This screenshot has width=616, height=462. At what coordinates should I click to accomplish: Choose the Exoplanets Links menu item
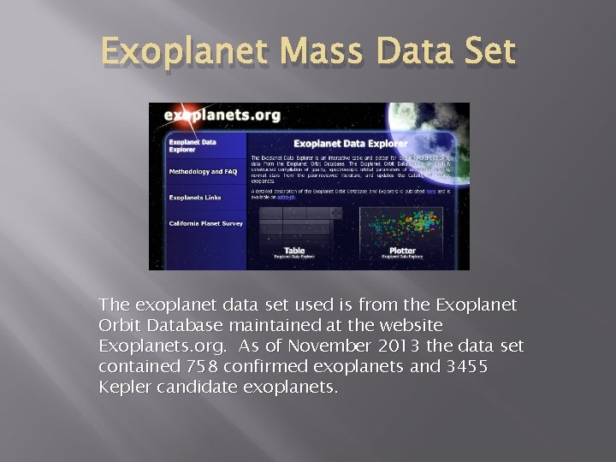195,198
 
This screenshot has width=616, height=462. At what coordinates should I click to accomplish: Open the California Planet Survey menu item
206,223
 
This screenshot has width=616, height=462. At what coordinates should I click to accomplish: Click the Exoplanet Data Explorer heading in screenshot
351,144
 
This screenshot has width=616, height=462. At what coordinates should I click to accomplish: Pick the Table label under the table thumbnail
294,252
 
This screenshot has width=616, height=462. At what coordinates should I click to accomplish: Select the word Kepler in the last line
125,388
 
